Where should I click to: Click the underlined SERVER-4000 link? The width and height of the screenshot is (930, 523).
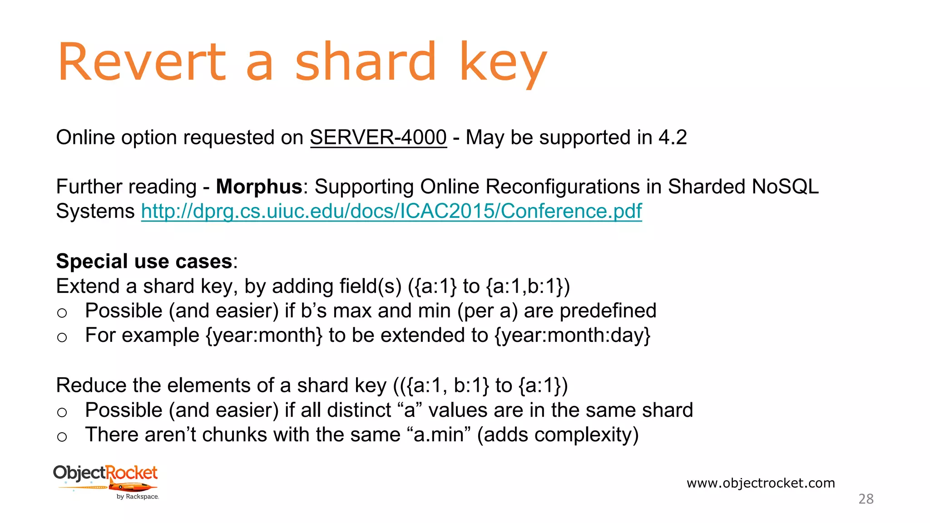[378, 138]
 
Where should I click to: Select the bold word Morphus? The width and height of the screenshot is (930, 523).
[259, 187]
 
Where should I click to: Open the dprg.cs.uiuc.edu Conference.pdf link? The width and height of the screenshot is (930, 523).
[391, 211]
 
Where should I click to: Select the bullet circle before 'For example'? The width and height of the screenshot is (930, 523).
[62, 337]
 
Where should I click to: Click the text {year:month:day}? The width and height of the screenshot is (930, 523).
[572, 336]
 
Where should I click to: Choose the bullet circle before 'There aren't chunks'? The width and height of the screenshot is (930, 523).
[62, 437]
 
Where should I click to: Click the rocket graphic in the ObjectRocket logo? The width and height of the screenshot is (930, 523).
[132, 488]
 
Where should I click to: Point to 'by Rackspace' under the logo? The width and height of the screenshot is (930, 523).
[138, 497]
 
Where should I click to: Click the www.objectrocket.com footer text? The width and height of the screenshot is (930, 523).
[761, 483]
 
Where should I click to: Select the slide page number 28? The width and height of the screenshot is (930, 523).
[866, 499]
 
